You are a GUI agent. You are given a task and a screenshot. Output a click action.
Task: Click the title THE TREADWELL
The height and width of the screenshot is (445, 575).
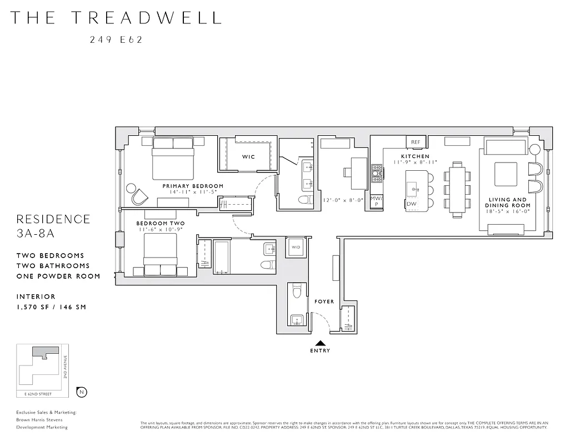[116, 18]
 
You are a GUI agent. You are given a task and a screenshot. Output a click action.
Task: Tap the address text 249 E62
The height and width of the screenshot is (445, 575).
[116, 39]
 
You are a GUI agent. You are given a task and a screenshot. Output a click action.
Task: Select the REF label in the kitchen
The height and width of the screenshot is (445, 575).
[416, 142]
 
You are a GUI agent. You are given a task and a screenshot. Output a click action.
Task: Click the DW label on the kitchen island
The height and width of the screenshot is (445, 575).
[412, 204]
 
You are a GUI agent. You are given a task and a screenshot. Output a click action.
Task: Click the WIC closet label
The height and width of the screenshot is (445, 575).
[248, 157]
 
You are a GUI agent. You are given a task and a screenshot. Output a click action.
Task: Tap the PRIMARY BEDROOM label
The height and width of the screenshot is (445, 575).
[193, 186]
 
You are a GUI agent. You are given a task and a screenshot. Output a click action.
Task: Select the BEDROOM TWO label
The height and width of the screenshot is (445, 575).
[161, 224]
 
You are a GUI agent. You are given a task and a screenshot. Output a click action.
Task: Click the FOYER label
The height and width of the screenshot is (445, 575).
[324, 301]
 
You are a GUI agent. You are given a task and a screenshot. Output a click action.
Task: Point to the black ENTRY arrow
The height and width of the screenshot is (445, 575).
[321, 343]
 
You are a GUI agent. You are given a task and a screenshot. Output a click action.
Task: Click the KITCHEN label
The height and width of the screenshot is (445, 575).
[416, 157]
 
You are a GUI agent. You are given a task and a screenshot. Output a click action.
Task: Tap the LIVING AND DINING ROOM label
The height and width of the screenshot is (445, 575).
[507, 202]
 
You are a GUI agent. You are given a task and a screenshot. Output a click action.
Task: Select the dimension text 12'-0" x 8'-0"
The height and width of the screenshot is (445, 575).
[343, 200]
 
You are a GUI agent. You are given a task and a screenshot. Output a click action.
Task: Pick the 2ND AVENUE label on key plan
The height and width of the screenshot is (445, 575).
[66, 368]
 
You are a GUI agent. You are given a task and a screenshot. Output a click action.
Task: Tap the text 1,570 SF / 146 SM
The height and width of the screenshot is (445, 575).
[51, 307]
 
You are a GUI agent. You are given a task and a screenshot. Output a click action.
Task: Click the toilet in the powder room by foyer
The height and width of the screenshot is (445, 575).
[297, 291]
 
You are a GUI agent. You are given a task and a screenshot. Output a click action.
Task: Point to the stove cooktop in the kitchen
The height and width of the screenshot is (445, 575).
[377, 174]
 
